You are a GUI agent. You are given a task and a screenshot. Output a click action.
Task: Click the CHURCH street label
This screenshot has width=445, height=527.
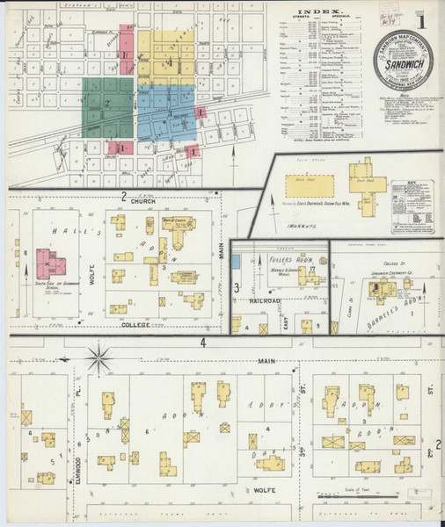pyautogui.click(x=142, y=202)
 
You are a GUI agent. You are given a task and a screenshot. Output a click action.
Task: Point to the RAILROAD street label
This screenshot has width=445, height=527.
pyautogui.click(x=264, y=300)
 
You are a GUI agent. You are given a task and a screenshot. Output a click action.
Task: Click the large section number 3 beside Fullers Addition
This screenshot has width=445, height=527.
pyautogui.click(x=237, y=286)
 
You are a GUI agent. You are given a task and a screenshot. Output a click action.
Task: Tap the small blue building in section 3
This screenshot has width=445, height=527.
pyautogui.click(x=236, y=261)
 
